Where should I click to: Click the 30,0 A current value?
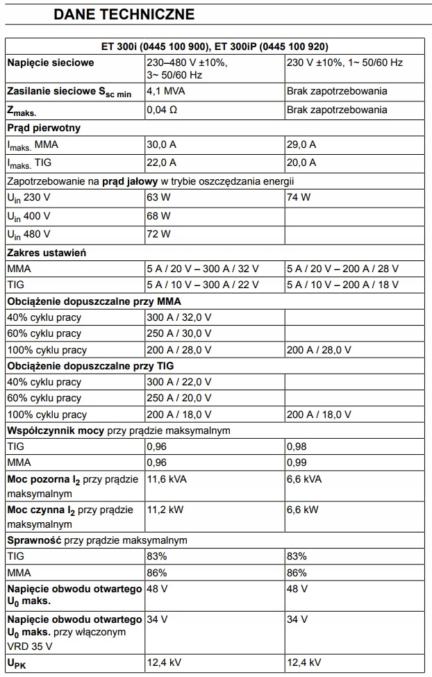(x=161, y=144)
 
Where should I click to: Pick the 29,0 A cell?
(x=301, y=144)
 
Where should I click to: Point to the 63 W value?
(x=158, y=198)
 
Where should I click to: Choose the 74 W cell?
(x=299, y=198)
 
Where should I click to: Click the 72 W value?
(x=158, y=234)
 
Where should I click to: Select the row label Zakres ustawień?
(x=47, y=252)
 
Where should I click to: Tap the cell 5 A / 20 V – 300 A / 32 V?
(x=203, y=269)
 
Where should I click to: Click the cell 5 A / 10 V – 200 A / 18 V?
(x=343, y=285)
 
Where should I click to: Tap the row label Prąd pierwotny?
(x=44, y=128)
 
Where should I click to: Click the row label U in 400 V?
(x=32, y=216)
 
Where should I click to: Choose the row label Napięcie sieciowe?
(x=50, y=62)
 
